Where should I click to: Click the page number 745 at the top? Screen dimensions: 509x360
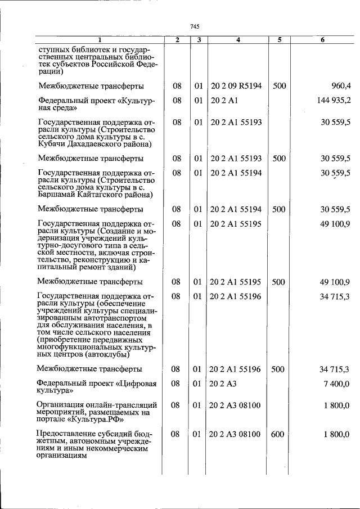tap(195, 26)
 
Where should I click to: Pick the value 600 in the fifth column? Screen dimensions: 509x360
tap(279, 434)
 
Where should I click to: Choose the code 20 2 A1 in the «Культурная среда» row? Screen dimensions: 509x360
tap(224, 100)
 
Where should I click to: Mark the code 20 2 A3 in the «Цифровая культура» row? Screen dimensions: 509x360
tap(224, 384)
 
